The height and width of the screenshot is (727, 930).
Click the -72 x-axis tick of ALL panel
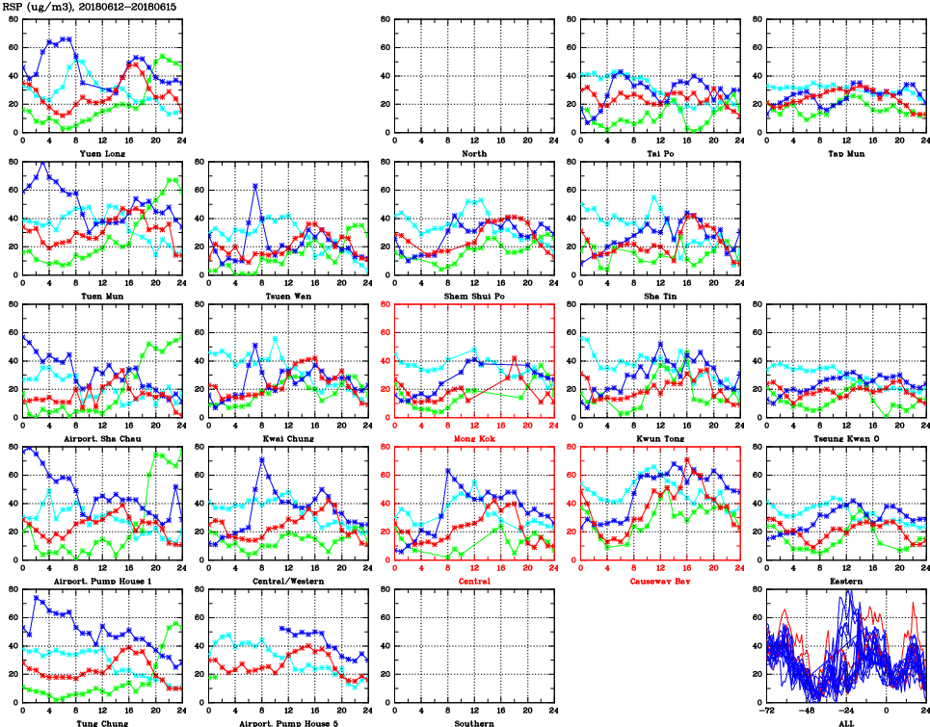[x=767, y=709]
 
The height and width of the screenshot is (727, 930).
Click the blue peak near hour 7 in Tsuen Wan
[x=255, y=185]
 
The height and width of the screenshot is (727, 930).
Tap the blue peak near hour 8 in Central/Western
[x=262, y=459]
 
